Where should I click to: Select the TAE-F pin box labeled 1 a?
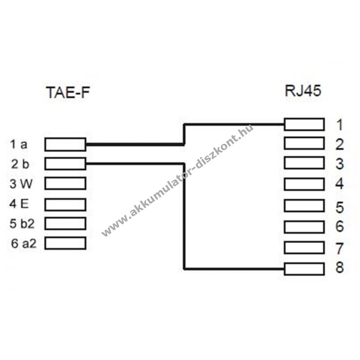tap(65, 144)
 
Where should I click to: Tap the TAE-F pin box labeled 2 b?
tap(65, 163)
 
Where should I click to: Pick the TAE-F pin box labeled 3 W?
tap(65, 183)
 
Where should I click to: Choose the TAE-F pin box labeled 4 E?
tap(65, 204)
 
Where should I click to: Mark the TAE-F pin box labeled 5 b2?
tap(65, 223)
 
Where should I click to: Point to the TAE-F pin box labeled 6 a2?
tap(65, 243)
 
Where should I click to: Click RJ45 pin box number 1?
tap(304, 124)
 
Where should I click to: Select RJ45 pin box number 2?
tap(304, 143)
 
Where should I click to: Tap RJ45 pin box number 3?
tap(304, 163)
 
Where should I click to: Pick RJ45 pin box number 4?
tap(304, 184)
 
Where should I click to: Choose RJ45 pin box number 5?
tap(304, 206)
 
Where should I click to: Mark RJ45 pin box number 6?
tap(304, 226)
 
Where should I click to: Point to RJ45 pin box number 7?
tap(304, 248)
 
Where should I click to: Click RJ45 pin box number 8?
tap(304, 269)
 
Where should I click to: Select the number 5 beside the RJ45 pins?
tap(339, 207)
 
